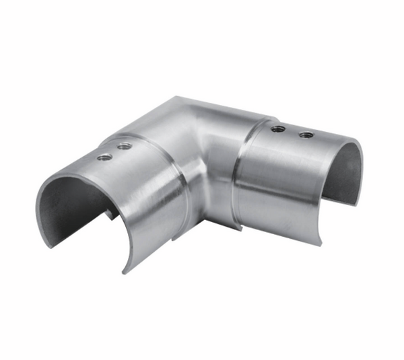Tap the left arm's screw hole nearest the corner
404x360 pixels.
point(123,146)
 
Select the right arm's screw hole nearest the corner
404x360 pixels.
point(275,129)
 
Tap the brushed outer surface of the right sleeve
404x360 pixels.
point(283,182)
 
